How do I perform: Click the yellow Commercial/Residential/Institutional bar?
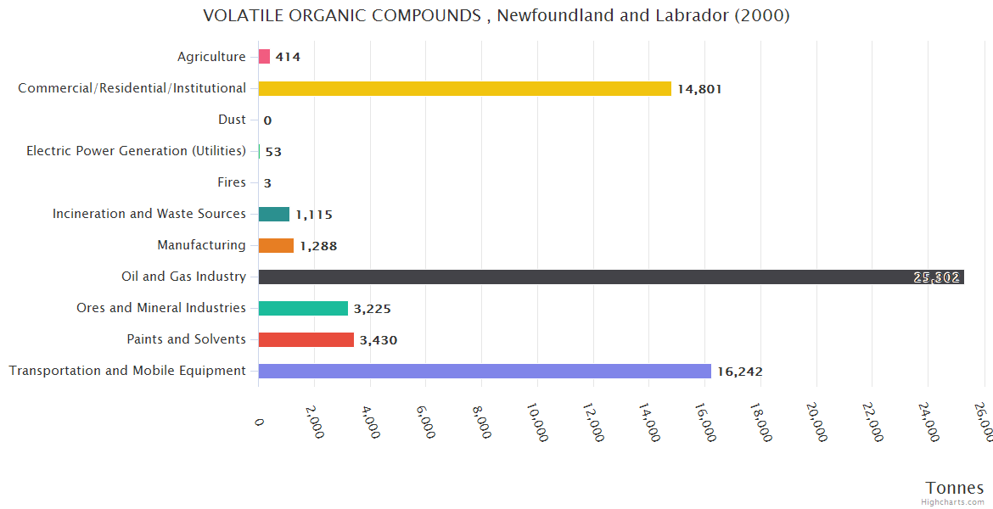coord(464,88)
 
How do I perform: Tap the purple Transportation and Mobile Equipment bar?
coord(484,371)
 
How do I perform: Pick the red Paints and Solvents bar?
coord(306,339)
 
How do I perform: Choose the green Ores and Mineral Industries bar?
coord(303,308)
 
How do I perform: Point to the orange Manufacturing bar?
coord(276,245)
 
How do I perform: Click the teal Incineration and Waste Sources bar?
coord(273,214)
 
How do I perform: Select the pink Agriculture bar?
coord(264,57)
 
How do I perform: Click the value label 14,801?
coord(699,89)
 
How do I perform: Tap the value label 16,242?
coord(739,372)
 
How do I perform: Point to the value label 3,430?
coord(378,340)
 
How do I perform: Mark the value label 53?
coord(273,152)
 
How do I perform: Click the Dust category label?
coord(232,120)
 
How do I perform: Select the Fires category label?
coord(232,182)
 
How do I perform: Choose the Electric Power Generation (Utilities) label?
coord(136,151)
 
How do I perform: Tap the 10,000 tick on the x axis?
coord(537,422)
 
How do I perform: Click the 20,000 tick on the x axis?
coord(816,422)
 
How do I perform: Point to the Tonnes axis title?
coord(954,488)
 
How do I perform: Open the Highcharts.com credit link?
coord(953,501)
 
